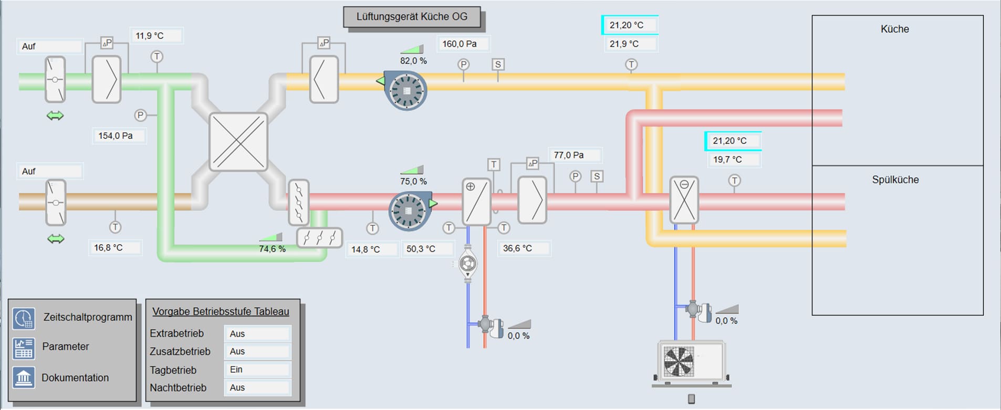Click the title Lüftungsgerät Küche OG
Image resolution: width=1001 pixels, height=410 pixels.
(412, 17)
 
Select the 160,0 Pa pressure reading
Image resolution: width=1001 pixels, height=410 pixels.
(460, 44)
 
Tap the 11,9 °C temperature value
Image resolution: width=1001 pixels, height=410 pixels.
(150, 36)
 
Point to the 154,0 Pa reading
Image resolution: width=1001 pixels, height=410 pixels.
(116, 136)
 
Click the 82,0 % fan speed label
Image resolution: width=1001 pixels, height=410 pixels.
(413, 61)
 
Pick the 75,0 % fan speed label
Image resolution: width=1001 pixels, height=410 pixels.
(413, 182)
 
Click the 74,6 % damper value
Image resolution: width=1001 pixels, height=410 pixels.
(272, 249)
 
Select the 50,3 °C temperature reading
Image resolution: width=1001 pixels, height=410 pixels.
(421, 249)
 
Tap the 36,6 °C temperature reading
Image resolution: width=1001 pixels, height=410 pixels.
(518, 248)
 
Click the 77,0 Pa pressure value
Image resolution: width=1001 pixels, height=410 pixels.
(569, 155)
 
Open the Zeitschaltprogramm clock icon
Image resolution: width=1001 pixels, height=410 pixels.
(24, 318)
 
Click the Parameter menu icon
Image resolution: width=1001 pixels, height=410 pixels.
(24, 348)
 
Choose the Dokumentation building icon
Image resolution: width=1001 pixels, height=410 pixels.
(24, 377)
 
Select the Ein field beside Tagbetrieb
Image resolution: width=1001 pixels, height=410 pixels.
(257, 370)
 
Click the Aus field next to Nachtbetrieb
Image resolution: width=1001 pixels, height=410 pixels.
(257, 387)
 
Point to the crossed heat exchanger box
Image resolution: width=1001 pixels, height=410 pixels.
(238, 142)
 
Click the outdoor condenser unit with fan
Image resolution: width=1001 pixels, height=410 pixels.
(691, 361)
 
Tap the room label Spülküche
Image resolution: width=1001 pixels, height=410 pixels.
(895, 180)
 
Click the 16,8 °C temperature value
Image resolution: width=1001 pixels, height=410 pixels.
(109, 248)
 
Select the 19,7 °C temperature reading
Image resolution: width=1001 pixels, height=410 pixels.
(728, 160)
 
